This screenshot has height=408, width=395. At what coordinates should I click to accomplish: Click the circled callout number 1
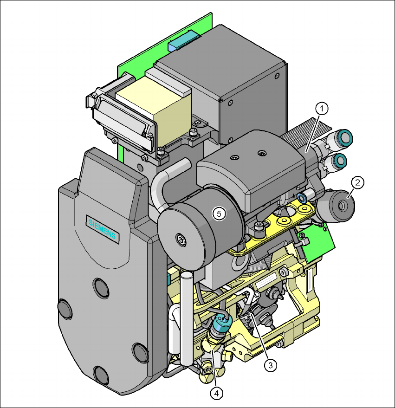[322, 109]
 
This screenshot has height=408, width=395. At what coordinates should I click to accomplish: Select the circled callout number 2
[357, 182]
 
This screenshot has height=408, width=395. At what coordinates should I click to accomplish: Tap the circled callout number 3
[271, 365]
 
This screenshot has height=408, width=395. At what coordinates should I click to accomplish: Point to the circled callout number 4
[216, 394]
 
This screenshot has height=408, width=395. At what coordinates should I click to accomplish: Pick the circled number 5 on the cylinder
[219, 214]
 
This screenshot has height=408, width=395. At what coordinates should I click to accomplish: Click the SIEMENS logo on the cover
[102, 229]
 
